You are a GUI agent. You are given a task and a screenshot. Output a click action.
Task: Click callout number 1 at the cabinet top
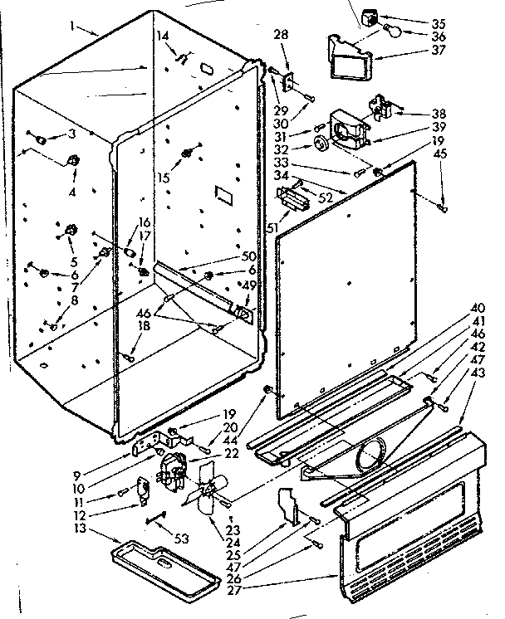76,27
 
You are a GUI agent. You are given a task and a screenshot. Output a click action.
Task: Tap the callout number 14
163,36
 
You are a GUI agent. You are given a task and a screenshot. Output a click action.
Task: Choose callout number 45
439,177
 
